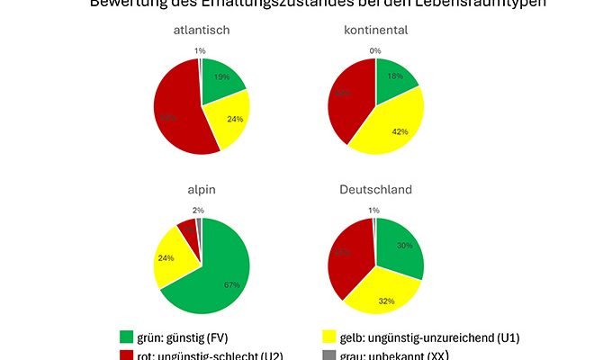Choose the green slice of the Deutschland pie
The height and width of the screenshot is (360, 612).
point(400,247)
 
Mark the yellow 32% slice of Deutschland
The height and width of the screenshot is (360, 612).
point(382,297)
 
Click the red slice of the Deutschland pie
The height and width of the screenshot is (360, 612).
point(346,256)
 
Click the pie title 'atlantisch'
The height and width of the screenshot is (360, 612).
point(202,31)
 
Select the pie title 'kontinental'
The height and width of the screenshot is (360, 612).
point(375,31)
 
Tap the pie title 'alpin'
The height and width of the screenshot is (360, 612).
point(202,190)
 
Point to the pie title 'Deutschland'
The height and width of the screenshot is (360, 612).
point(375,190)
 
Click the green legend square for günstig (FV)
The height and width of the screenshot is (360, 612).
point(127,337)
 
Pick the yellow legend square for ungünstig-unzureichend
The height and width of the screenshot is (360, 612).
point(328,337)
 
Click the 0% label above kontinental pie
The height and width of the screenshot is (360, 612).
point(375,50)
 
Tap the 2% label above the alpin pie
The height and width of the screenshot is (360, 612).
point(198,210)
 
